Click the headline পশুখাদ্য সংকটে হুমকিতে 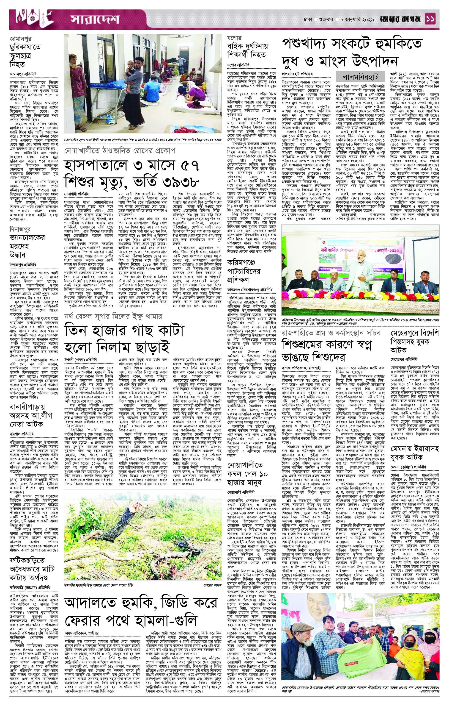point(351,44)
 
